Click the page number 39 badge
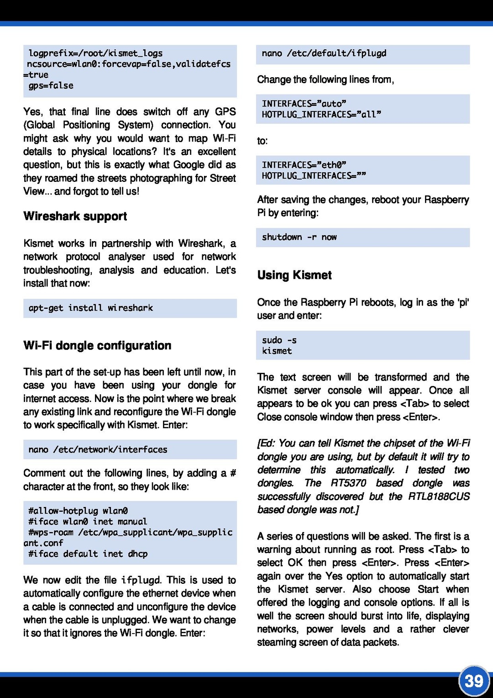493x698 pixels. (x=474, y=681)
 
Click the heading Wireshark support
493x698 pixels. (x=75, y=216)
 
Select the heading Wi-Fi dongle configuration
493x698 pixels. (x=97, y=345)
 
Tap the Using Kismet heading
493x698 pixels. (x=294, y=275)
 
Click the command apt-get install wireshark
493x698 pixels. (x=90, y=308)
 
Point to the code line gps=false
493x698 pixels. (x=51, y=85)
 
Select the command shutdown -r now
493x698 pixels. (x=299, y=237)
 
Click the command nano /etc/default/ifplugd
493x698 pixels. (x=324, y=53)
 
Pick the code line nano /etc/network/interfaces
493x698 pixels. (x=98, y=449)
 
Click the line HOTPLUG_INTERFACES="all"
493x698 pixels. (x=321, y=115)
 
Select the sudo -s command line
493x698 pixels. (x=279, y=340)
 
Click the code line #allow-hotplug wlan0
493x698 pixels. (x=78, y=511)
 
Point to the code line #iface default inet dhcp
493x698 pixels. (x=88, y=554)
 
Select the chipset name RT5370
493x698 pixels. (x=348, y=483)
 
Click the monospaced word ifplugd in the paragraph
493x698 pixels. (x=141, y=580)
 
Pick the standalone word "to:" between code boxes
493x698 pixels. (x=262, y=141)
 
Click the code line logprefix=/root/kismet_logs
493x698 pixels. (x=95, y=53)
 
